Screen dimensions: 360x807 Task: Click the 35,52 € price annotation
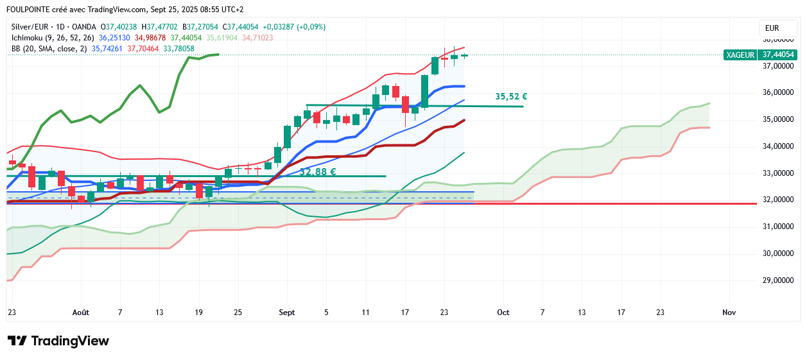point(511,97)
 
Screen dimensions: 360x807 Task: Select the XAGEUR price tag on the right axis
point(740,55)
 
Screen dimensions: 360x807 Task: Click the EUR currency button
point(772,28)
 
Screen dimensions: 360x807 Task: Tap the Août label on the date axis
point(81,313)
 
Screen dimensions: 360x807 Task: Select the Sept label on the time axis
point(287,313)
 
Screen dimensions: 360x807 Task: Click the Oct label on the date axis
point(503,313)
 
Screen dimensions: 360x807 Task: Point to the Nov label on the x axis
point(729,313)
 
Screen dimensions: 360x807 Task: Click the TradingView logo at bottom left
point(58,341)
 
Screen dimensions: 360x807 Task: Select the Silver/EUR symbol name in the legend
point(31,27)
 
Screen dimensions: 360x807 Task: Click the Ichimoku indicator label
point(28,38)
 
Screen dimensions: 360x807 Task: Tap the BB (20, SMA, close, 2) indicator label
point(49,49)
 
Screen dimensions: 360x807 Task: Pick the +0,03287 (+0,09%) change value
point(293,27)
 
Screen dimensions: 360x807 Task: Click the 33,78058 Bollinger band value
point(179,49)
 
